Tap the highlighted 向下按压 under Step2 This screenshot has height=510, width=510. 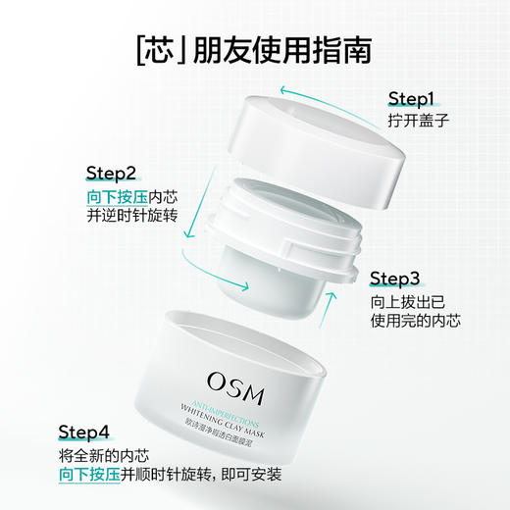click(88, 197)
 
